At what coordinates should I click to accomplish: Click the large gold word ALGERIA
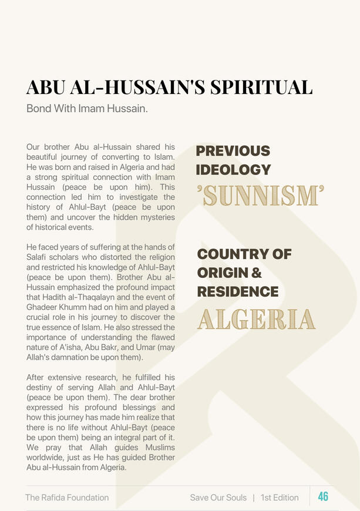click(256, 319)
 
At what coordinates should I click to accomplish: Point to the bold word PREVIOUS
click(233, 151)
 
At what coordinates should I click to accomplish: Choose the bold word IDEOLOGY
click(233, 170)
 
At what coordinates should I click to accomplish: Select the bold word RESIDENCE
click(238, 291)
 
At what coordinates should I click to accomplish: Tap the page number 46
click(323, 497)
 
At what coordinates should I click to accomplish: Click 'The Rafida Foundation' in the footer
click(67, 497)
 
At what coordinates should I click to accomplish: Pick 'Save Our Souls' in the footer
click(218, 497)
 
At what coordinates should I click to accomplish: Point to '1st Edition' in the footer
click(280, 497)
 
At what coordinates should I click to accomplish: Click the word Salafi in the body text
click(39, 257)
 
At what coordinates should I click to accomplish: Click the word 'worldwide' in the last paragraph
click(46, 458)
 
